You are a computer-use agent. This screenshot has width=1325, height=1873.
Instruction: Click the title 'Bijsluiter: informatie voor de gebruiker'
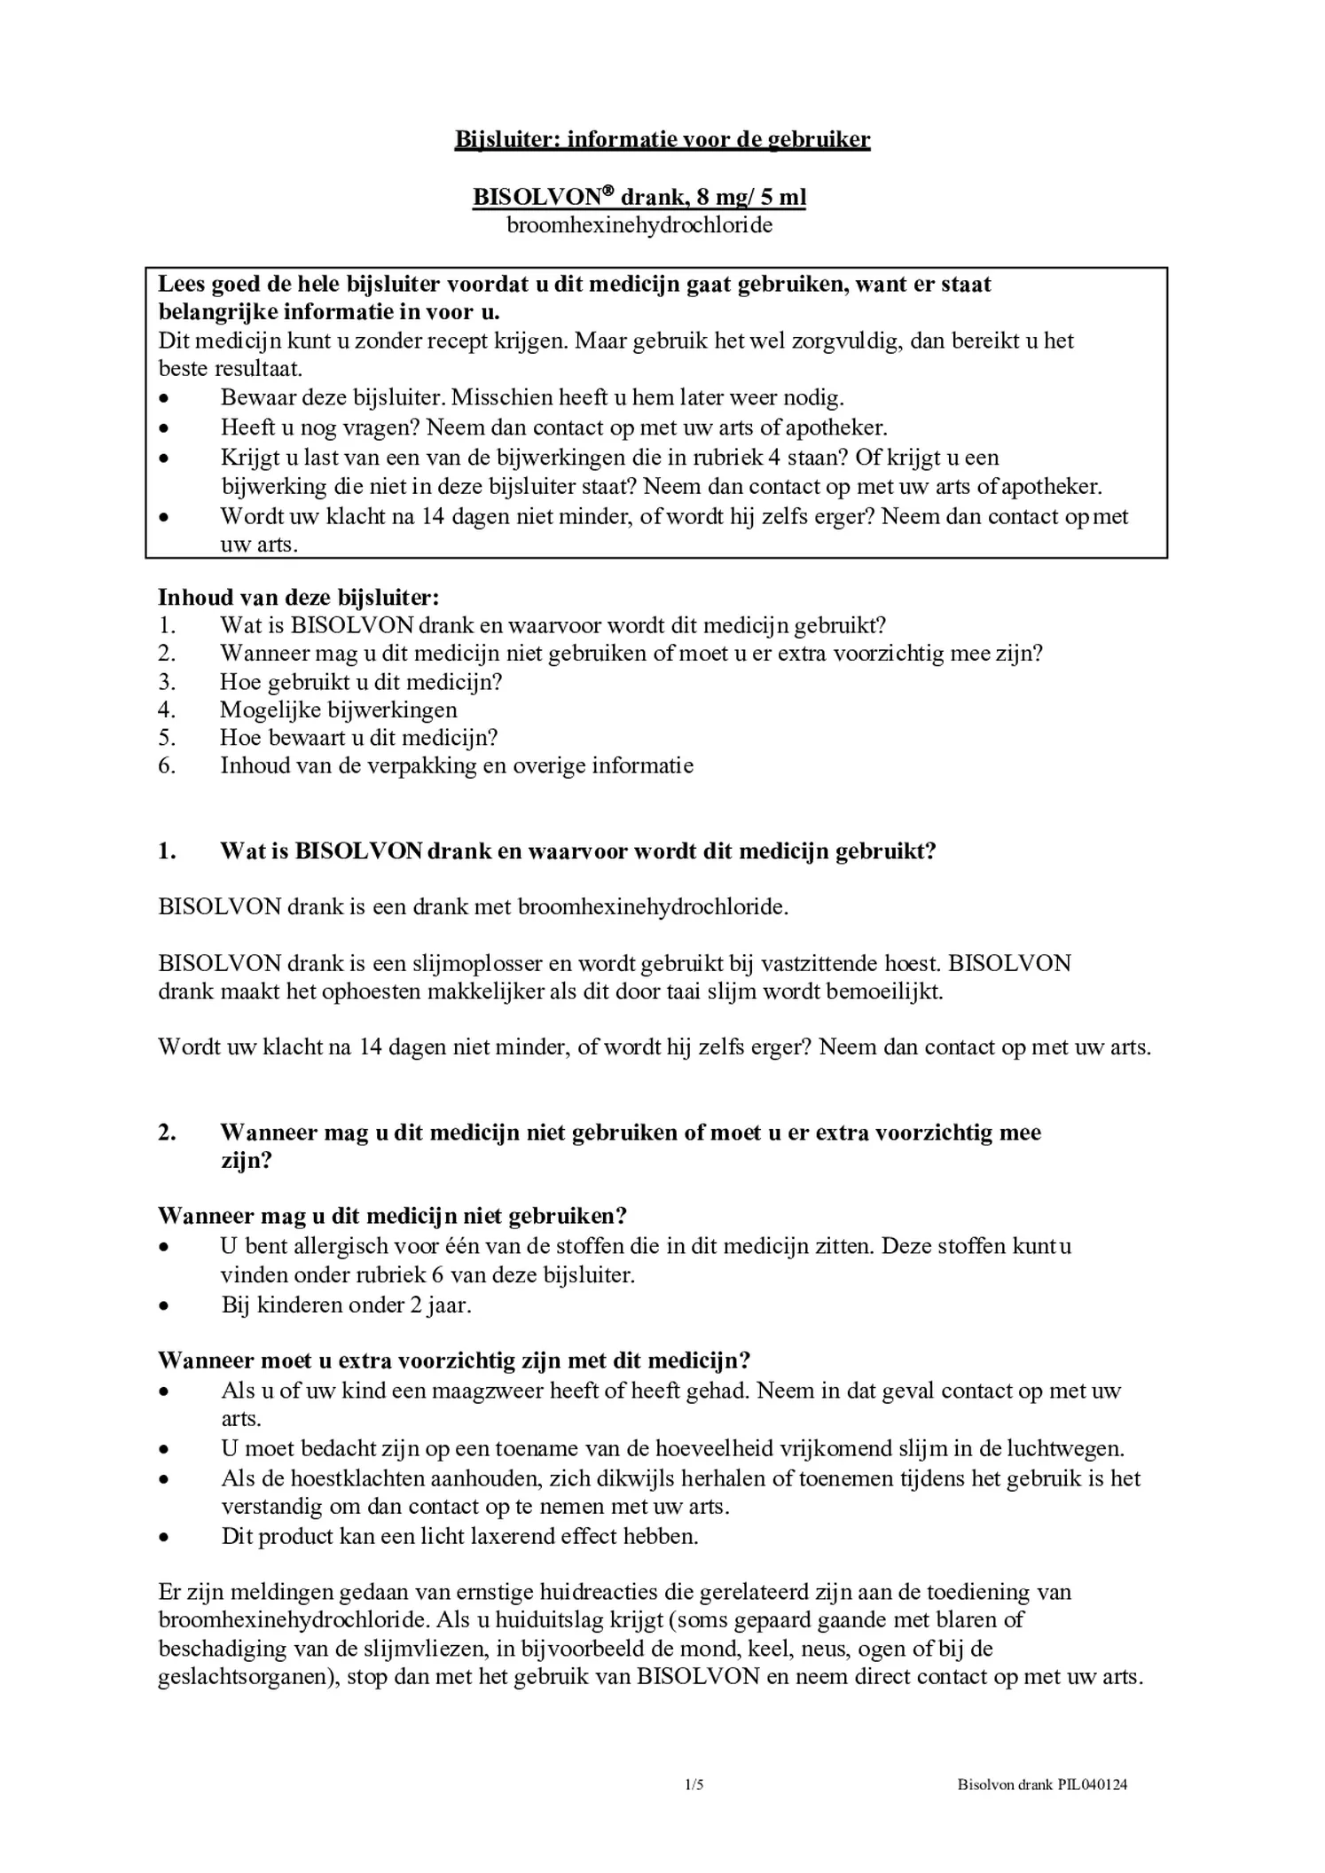(x=662, y=139)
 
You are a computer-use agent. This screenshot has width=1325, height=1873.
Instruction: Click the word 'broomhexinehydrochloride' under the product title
(x=639, y=225)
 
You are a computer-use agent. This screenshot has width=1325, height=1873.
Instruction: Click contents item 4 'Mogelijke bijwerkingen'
(x=339, y=709)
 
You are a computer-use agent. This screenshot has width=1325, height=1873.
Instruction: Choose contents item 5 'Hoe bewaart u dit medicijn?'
(x=358, y=738)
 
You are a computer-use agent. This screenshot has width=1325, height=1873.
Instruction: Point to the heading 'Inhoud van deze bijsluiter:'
(x=299, y=598)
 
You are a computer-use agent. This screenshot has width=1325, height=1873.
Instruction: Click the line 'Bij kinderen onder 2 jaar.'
(x=346, y=1305)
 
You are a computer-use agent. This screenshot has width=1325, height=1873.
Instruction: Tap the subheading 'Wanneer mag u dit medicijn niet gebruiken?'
(x=393, y=1215)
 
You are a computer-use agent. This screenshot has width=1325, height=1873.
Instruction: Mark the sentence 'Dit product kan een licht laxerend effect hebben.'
(x=459, y=1536)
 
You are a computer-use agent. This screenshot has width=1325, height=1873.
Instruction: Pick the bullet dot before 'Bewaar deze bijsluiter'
(x=163, y=398)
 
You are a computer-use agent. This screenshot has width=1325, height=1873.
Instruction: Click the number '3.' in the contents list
(x=168, y=682)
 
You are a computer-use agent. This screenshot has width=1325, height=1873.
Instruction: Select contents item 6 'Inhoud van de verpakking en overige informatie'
(x=456, y=766)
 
